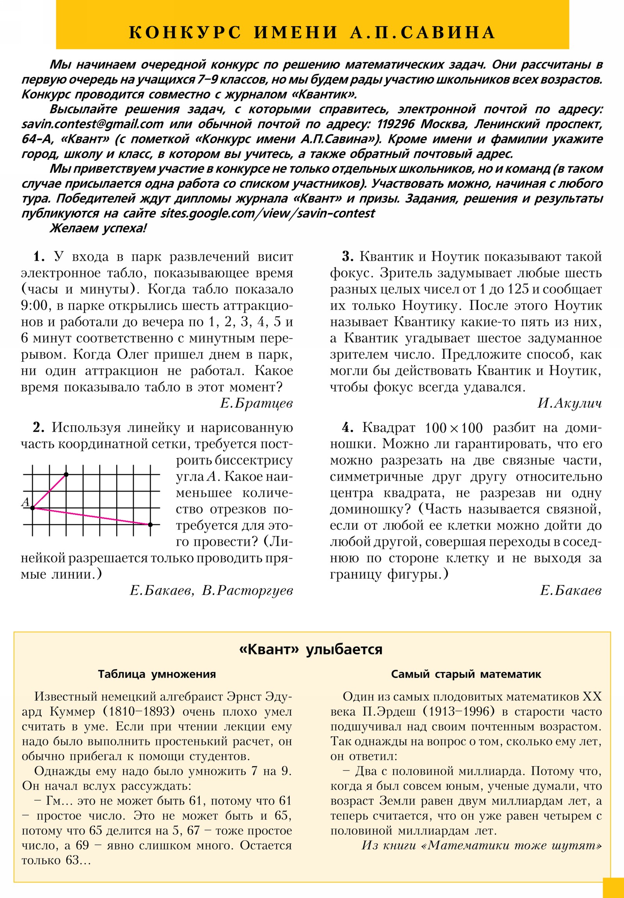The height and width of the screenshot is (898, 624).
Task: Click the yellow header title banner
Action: [312, 32]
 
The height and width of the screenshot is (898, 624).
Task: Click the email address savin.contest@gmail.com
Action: [92, 125]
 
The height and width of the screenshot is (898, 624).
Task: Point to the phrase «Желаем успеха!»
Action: [97, 228]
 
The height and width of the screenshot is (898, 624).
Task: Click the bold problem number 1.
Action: [37, 257]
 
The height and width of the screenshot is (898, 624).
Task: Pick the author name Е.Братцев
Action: [256, 403]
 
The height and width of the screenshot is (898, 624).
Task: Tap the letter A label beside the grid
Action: [25, 501]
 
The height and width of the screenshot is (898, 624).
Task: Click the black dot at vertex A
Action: [33, 508]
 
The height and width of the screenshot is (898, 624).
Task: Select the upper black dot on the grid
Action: [66, 474]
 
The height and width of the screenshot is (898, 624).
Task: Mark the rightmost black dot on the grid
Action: [150, 524]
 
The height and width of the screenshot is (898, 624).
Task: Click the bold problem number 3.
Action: [347, 257]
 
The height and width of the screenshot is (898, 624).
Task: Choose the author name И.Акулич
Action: [569, 403]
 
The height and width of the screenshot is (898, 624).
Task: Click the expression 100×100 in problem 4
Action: [454, 428]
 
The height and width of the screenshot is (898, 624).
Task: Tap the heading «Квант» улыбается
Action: [310, 650]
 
